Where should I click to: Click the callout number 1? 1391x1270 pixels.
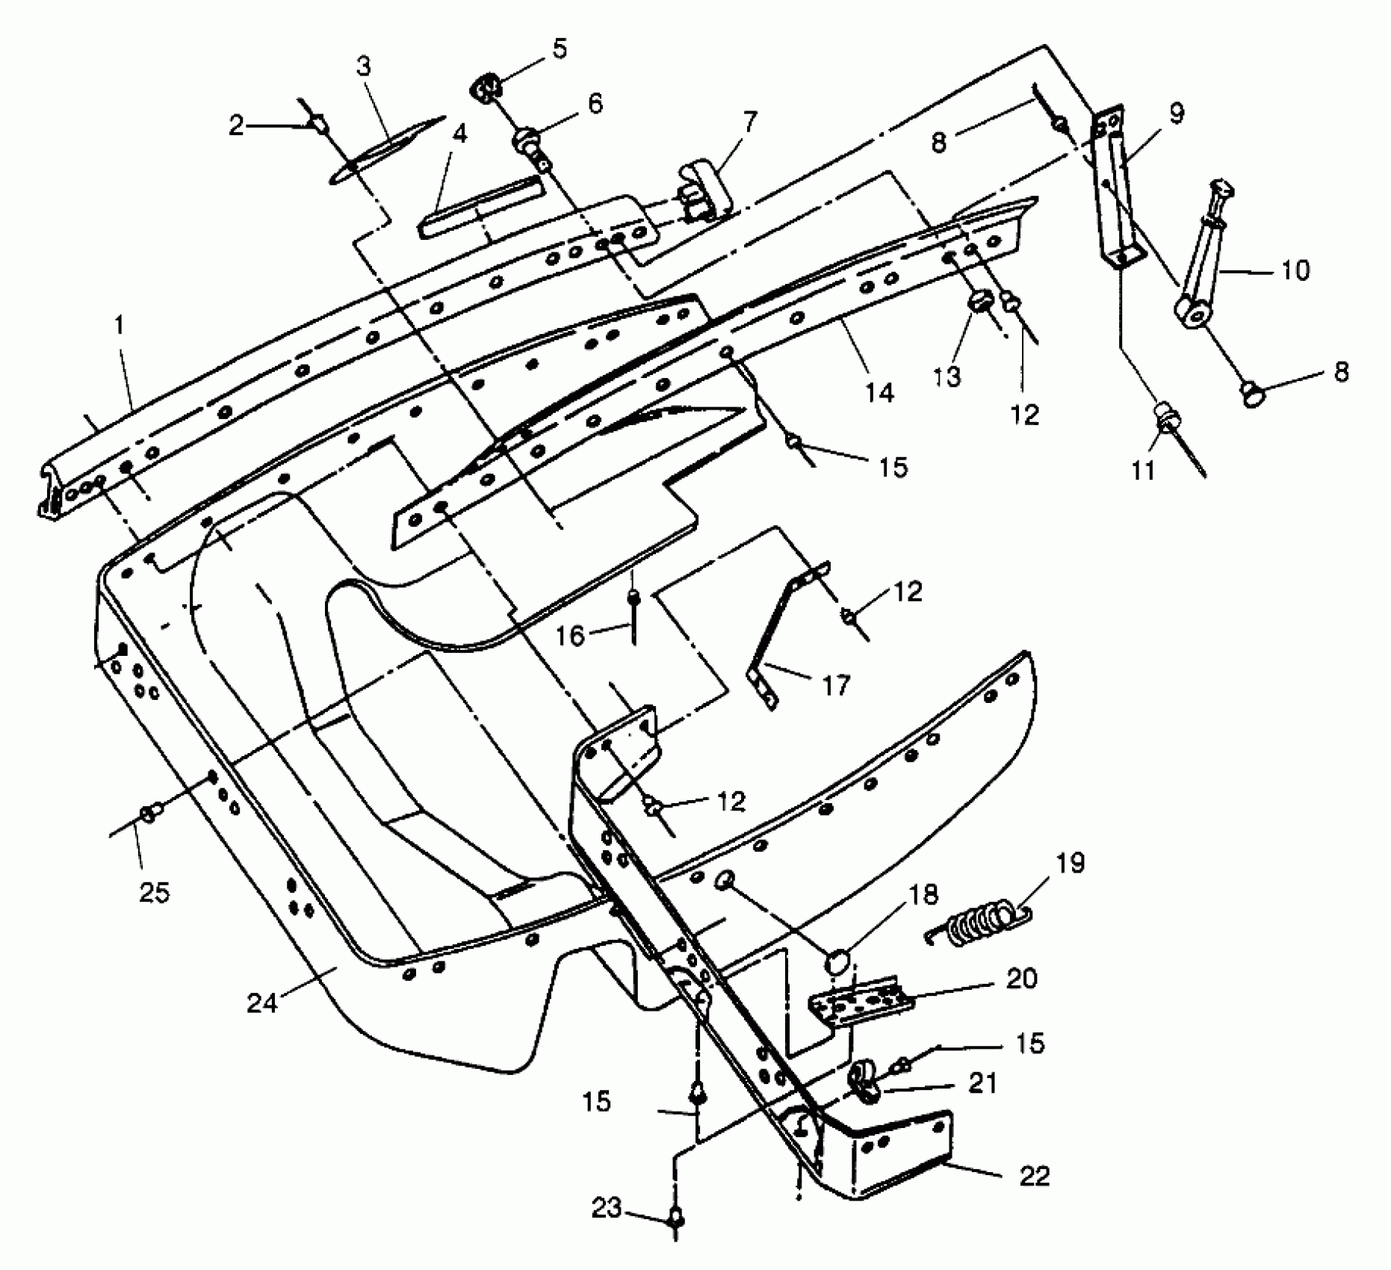point(120,326)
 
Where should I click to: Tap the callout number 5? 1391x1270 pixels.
point(560,50)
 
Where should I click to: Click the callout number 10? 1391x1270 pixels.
point(1295,270)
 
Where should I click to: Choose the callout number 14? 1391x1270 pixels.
point(879,392)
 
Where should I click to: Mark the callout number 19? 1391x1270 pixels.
point(1070,864)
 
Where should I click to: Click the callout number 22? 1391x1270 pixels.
point(1033,1175)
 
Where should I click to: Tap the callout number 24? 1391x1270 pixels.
point(262,1003)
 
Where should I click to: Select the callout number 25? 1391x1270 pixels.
point(154,891)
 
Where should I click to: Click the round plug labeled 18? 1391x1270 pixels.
point(837,961)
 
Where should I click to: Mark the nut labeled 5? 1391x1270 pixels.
point(486,88)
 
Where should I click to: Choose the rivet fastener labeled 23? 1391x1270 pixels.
point(676,1220)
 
